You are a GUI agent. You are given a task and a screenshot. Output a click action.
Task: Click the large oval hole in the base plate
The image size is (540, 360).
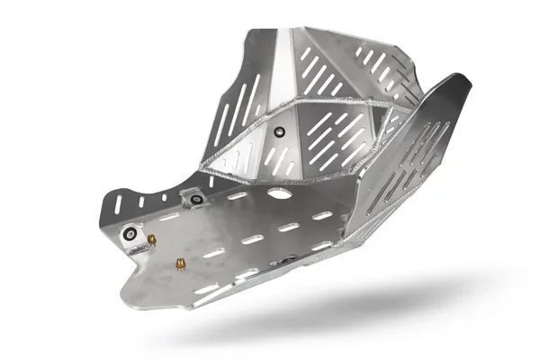[280, 193]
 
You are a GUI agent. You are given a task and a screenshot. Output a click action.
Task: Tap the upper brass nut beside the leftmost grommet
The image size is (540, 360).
[151, 239]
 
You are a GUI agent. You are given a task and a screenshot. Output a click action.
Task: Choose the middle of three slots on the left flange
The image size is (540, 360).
[141, 195]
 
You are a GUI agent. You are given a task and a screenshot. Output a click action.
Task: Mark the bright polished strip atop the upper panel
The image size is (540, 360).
[283, 63]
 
